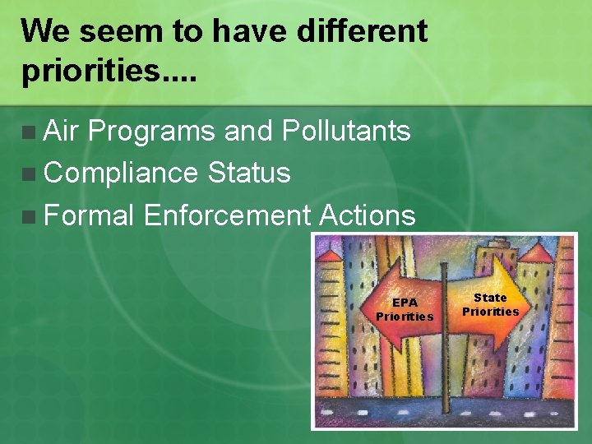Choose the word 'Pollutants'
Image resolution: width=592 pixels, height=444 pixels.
[345, 130]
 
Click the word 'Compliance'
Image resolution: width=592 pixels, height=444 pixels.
[121, 173]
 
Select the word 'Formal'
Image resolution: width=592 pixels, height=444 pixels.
[89, 215]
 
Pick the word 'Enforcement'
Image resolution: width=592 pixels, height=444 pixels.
[227, 215]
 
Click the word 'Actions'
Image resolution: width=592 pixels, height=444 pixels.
[367, 215]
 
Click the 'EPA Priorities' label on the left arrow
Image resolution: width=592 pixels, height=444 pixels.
[405, 309]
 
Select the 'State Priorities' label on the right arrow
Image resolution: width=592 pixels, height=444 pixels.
[490, 304]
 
